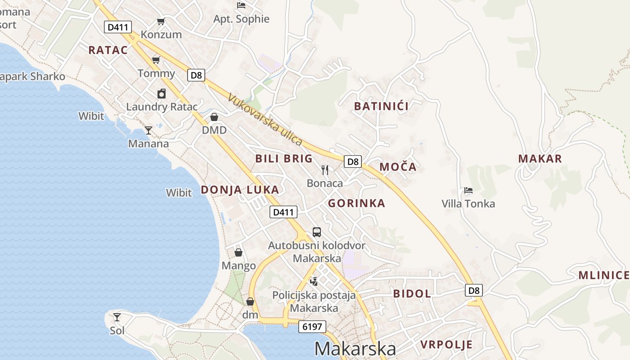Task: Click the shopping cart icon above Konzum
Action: click(161, 21)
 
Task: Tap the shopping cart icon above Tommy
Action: click(156, 60)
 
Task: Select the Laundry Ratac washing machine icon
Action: click(162, 94)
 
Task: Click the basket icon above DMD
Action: click(214, 117)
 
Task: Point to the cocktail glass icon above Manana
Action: click(148, 130)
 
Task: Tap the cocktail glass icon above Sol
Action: click(117, 317)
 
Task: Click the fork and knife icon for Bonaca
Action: click(325, 170)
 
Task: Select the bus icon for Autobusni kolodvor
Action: click(317, 232)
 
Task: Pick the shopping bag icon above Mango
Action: click(238, 252)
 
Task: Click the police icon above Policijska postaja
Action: click(314, 282)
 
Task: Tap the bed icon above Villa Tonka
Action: click(468, 190)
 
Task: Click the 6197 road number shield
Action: click(312, 327)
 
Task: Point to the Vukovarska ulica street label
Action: click(265, 119)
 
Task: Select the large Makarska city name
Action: click(355, 349)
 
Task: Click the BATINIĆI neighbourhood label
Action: click(381, 106)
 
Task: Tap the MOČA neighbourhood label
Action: click(398, 167)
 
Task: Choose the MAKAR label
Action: click(540, 158)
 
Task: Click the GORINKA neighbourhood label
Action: click(356, 203)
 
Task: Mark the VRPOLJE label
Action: click(446, 345)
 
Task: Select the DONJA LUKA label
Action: click(240, 189)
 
